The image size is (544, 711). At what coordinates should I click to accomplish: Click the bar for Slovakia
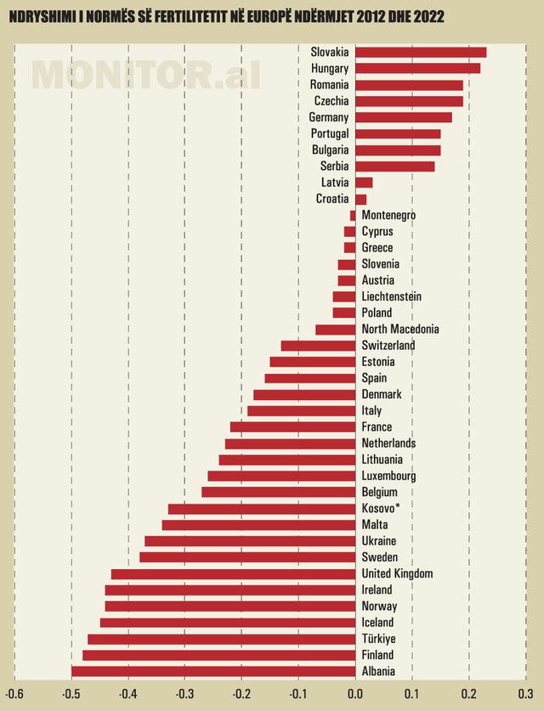(x=421, y=52)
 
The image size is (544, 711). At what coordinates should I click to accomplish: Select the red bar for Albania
(x=213, y=671)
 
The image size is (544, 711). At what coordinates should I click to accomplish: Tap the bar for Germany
(x=404, y=117)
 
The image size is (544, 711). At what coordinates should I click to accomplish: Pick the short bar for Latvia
(x=364, y=183)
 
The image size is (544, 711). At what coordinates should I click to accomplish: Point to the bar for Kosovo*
(x=262, y=509)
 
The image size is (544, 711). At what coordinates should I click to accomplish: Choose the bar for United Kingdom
(x=234, y=573)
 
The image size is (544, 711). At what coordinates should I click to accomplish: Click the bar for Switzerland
(x=318, y=346)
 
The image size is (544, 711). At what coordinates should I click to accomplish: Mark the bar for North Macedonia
(x=336, y=329)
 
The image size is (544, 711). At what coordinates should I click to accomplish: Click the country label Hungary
(x=330, y=68)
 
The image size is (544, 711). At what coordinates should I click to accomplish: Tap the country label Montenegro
(x=388, y=215)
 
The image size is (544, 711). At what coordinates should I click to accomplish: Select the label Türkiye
(x=378, y=639)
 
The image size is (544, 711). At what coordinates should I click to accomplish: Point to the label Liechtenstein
(x=392, y=296)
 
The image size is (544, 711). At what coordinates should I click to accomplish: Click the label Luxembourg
(x=389, y=476)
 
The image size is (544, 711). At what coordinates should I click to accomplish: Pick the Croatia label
(x=331, y=199)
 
